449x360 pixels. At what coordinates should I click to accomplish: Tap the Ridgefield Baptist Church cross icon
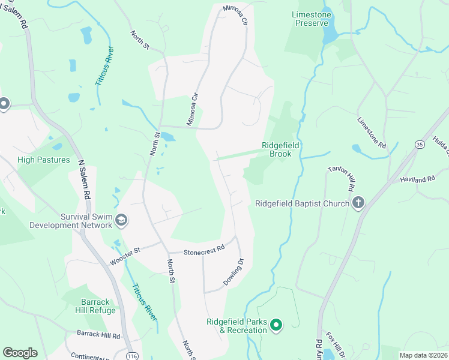click(x=358, y=203)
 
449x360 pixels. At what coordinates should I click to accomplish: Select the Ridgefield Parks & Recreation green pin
click(x=276, y=326)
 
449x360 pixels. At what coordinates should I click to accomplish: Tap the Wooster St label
click(x=125, y=257)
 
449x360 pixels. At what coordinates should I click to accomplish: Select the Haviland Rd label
click(x=417, y=179)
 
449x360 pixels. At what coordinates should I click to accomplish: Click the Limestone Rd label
click(x=372, y=134)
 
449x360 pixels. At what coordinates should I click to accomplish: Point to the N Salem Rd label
click(x=84, y=178)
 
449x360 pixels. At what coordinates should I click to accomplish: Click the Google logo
click(x=20, y=353)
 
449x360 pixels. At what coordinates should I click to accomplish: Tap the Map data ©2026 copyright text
click(x=423, y=355)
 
